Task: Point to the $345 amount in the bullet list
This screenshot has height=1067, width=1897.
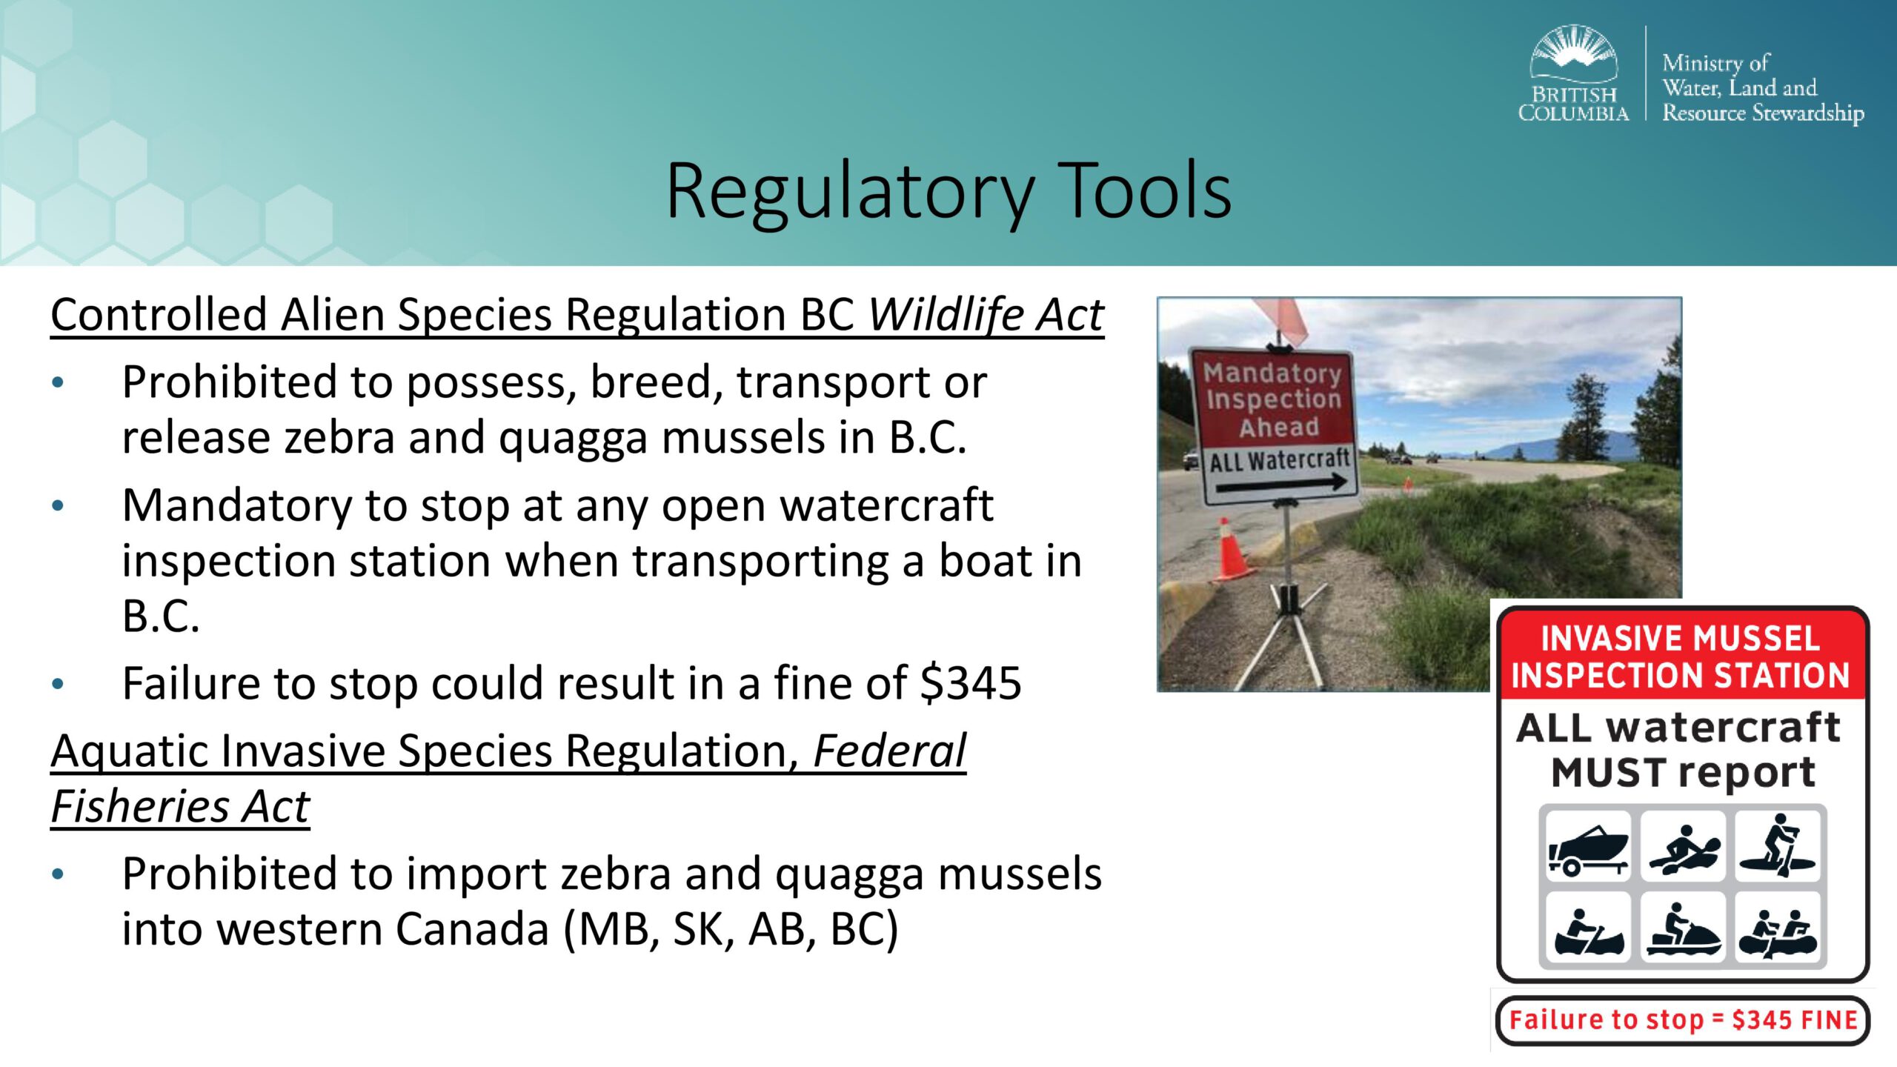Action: (970, 682)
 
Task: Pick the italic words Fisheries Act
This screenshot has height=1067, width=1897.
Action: (180, 806)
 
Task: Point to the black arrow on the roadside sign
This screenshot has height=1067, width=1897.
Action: (1281, 485)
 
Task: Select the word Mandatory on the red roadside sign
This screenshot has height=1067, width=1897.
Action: (1272, 373)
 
